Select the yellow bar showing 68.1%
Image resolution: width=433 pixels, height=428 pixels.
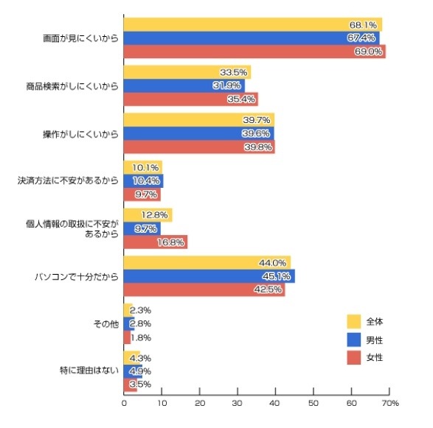252,25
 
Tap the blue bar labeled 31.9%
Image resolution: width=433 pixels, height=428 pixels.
184,85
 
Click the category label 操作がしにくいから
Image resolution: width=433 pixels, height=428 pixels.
80,133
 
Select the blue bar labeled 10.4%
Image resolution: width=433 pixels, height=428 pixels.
143,180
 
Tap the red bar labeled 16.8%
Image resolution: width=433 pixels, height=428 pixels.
155,242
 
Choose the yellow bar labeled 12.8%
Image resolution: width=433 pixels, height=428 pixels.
148,215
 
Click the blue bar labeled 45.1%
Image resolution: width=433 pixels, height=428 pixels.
209,276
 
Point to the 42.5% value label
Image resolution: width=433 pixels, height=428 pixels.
270,290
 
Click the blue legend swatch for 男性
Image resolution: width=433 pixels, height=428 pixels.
353,340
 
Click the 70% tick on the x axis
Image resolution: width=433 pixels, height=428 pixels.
390,403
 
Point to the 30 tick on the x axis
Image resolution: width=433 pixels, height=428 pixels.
238,403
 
